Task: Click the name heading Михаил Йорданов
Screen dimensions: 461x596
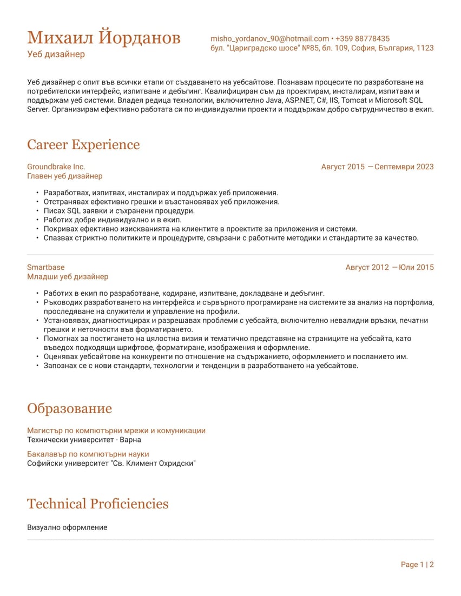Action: (104, 38)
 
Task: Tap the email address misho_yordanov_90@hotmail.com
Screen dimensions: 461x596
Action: (269, 38)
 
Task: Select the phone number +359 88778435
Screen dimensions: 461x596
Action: (363, 38)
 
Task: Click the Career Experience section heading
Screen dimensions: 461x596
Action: (83, 145)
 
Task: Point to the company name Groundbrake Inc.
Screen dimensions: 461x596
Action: (56, 167)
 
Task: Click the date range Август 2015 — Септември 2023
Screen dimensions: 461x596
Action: (377, 167)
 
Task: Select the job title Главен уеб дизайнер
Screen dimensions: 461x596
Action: (64, 176)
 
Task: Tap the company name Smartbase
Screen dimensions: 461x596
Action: (45, 267)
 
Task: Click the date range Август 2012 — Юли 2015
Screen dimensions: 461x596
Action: (389, 267)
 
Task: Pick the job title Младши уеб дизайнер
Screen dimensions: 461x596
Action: (68, 276)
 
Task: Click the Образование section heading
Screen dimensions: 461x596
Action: (69, 408)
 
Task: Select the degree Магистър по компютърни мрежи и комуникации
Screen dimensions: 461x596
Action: (116, 431)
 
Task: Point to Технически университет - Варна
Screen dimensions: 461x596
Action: (84, 440)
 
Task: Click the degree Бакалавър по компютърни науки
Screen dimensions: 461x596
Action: (88, 454)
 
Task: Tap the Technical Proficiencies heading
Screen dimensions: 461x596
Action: (97, 504)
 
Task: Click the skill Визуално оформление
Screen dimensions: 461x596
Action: (67, 527)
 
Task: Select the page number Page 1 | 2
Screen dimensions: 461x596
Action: (417, 565)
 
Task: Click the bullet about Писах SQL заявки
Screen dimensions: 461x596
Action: (119, 211)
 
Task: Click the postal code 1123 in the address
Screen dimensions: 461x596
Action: (425, 48)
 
